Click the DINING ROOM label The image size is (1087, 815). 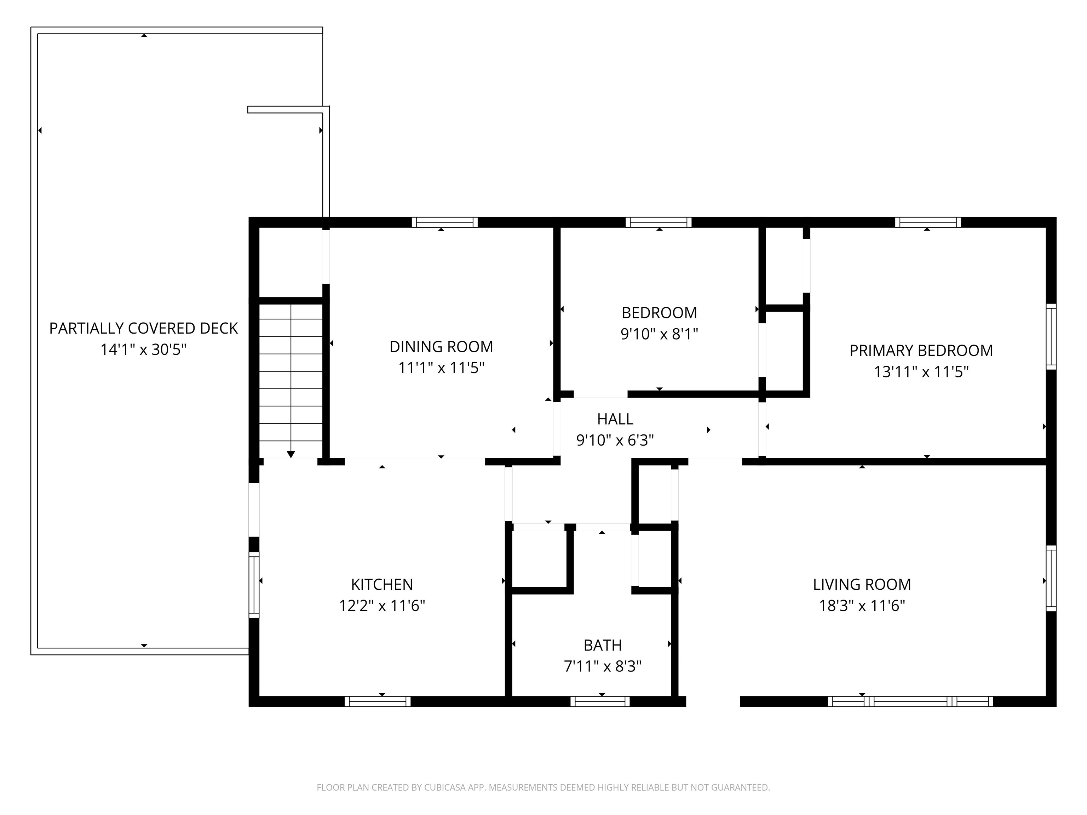click(x=441, y=347)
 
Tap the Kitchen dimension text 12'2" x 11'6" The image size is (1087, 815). click(x=382, y=606)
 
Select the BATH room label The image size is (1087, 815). click(x=603, y=645)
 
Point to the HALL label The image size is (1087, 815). click(x=615, y=419)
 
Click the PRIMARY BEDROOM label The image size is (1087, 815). click(x=921, y=351)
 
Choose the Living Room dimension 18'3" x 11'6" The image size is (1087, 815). click(x=862, y=606)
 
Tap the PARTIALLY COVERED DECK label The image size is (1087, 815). click(x=144, y=328)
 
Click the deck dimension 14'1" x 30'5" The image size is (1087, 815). click(x=144, y=350)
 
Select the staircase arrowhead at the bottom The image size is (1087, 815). click(x=291, y=455)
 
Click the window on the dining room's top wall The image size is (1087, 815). click(x=444, y=222)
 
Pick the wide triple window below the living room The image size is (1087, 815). click(x=910, y=701)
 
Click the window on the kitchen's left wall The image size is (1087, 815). click(x=254, y=585)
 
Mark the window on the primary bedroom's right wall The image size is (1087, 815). click(x=1051, y=336)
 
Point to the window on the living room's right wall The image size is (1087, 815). click(x=1051, y=578)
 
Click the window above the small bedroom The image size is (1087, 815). click(x=658, y=222)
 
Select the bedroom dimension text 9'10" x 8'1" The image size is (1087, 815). click(x=659, y=334)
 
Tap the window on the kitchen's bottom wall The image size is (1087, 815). click(x=378, y=701)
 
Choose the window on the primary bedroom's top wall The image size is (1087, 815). click(x=928, y=222)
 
